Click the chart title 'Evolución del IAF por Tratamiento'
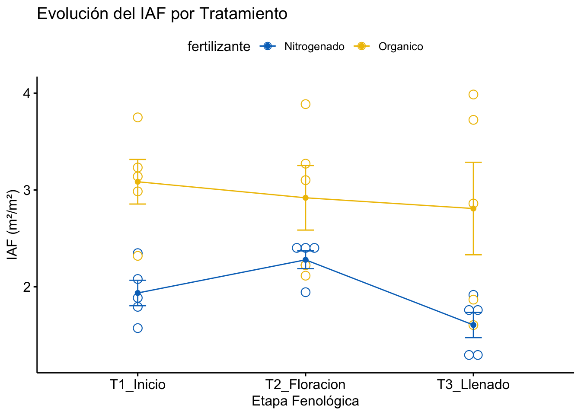point(162,14)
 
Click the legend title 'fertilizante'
point(219,47)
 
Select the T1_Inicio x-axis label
point(137,384)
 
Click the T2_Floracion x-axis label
point(305,384)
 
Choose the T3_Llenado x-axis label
point(473,384)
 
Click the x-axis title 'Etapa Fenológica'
point(305,401)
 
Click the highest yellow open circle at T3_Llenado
point(473,95)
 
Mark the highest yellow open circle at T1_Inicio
point(138,118)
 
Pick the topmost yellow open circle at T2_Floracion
point(306,104)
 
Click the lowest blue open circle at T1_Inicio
point(138,328)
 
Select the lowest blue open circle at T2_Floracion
point(306,292)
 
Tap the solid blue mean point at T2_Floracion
point(306,260)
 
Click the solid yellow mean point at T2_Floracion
point(306,198)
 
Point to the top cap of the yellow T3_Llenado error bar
point(473,162)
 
